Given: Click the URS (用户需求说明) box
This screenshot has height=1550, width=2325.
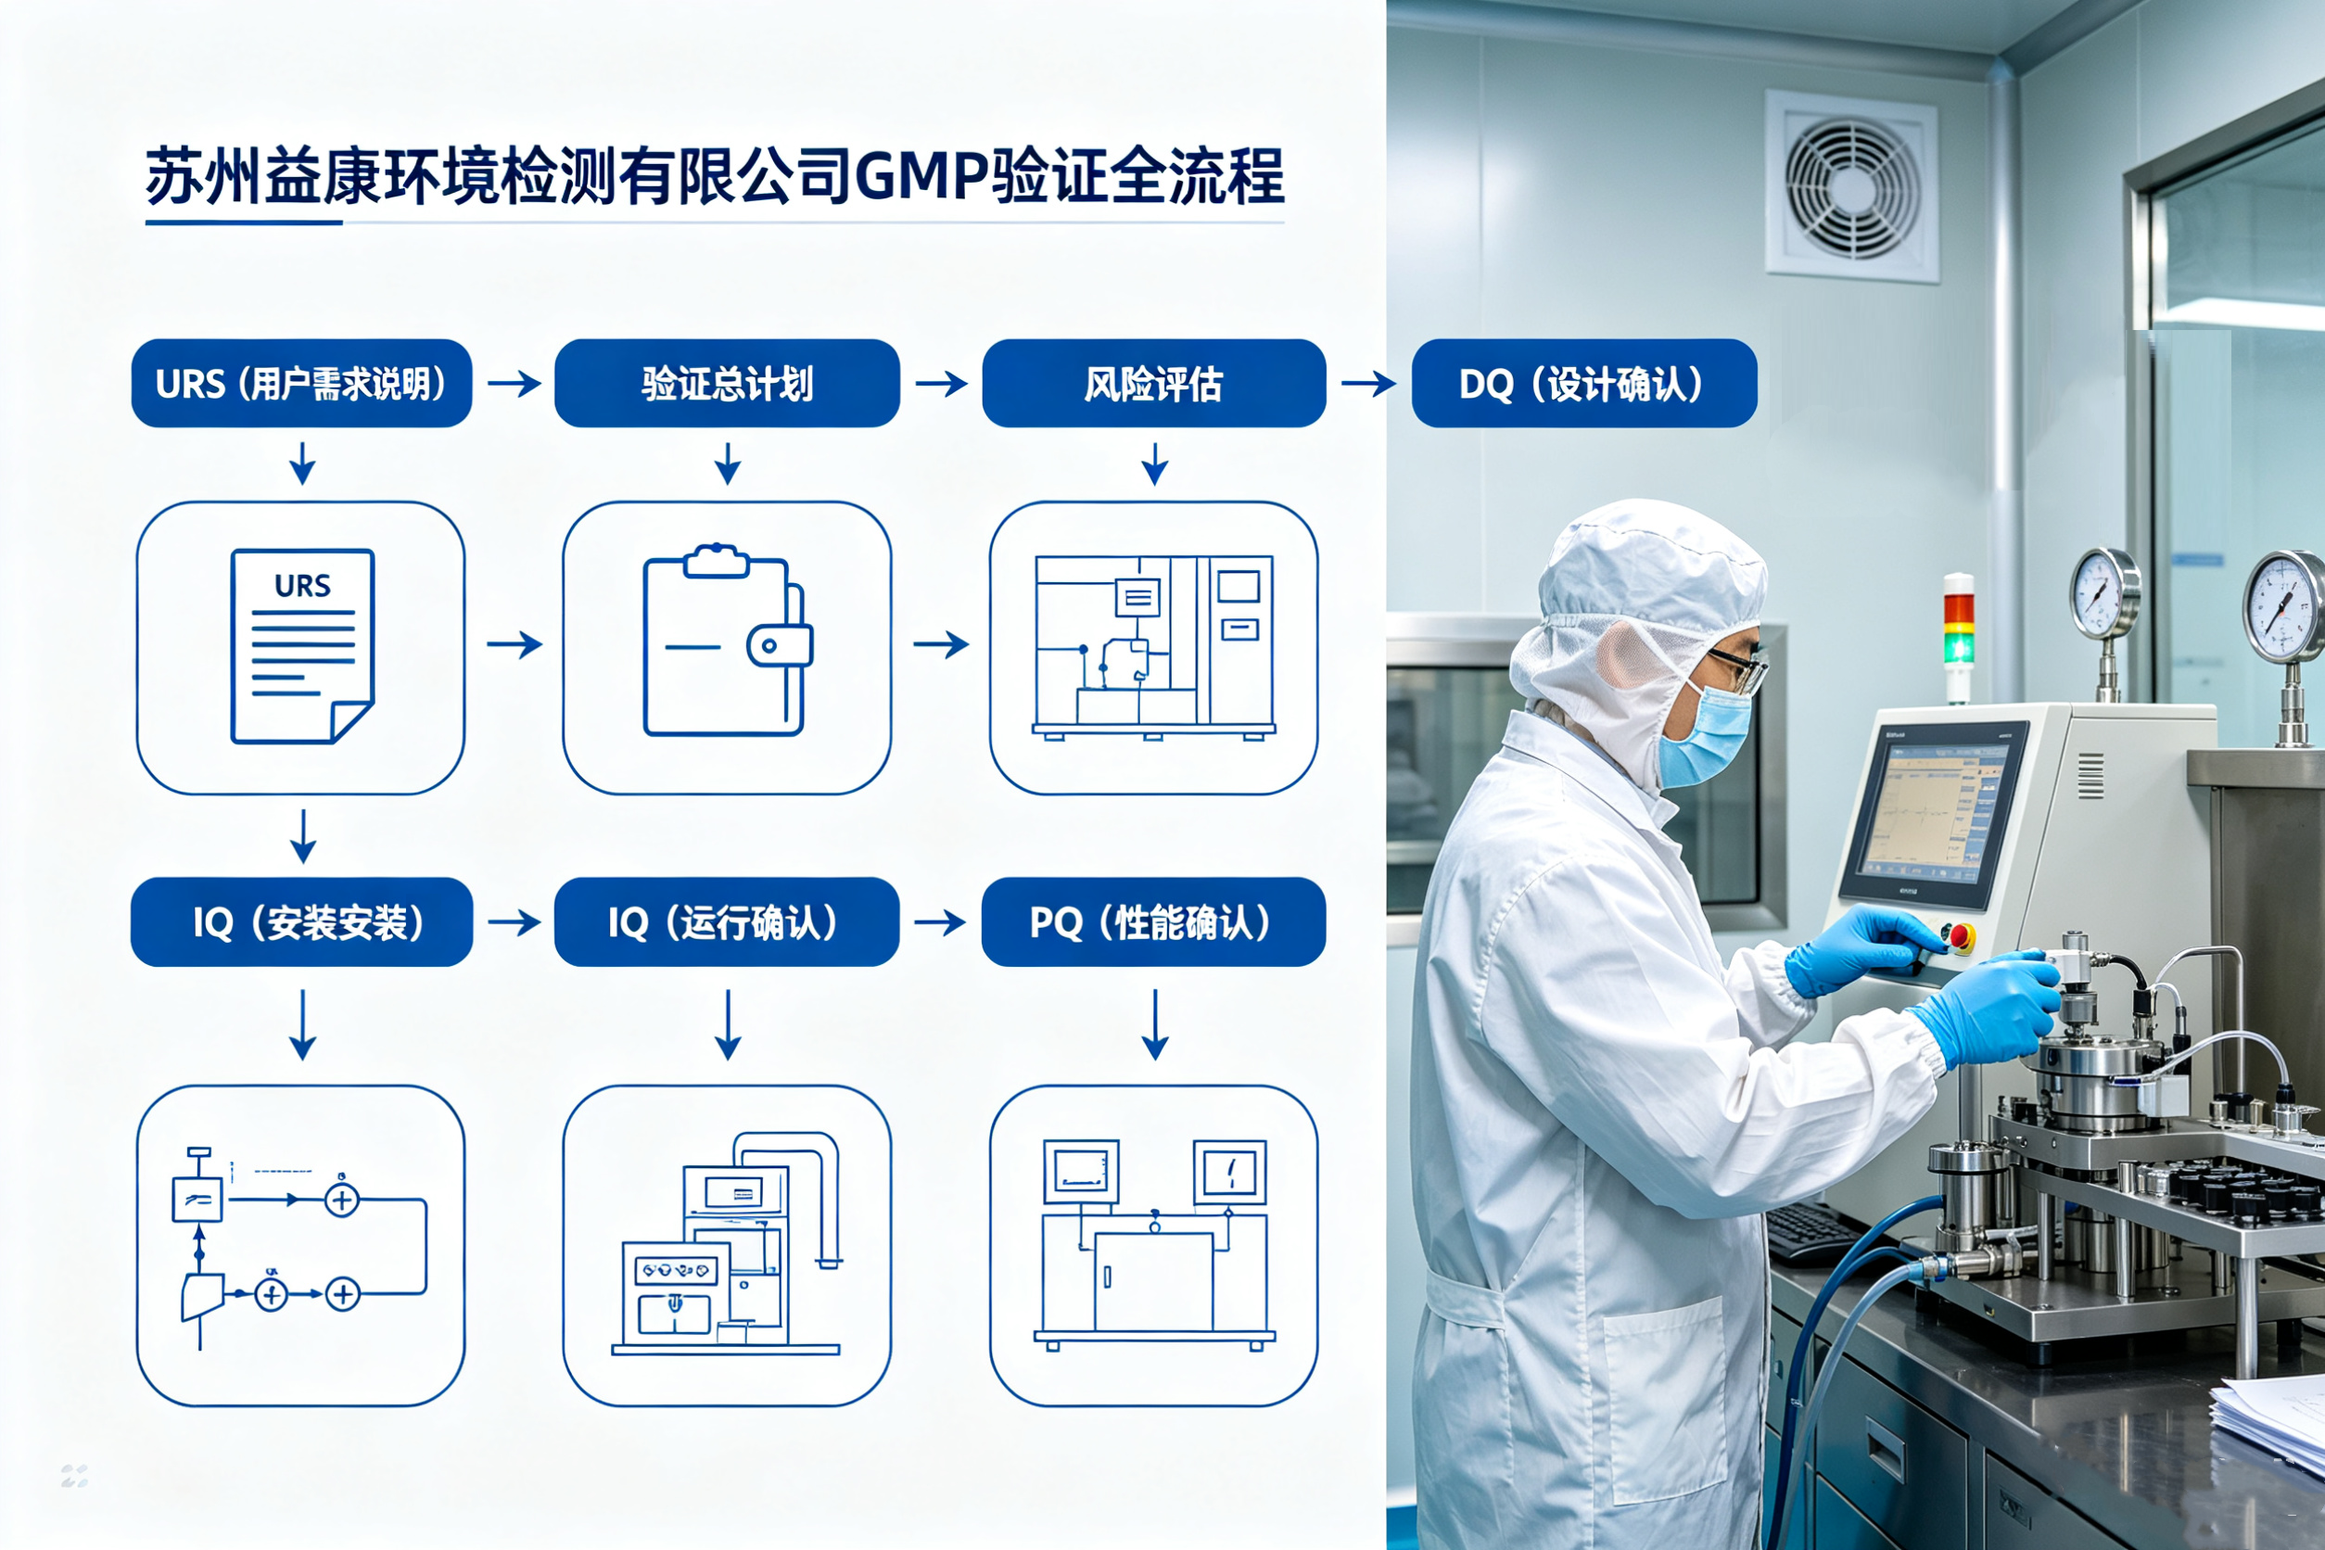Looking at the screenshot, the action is (301, 384).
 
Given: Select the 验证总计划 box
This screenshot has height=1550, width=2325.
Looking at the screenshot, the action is (727, 384).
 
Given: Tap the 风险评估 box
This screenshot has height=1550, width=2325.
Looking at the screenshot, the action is (1153, 384).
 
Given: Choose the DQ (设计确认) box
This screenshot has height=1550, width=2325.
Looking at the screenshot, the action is (1583, 384).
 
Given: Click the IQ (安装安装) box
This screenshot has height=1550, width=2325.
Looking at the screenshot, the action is (301, 921).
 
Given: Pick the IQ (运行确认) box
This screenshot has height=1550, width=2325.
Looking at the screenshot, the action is (727, 921).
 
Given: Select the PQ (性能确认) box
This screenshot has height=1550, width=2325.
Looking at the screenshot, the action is (1153, 921).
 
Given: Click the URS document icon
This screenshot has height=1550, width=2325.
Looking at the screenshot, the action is (302, 645).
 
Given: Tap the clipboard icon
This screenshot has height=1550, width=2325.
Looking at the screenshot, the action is (728, 641).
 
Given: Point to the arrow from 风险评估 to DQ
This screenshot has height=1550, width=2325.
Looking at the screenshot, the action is (1368, 384).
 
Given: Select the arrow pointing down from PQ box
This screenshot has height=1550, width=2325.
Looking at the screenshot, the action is (1154, 1025).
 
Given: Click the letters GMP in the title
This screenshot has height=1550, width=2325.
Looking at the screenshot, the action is (921, 177).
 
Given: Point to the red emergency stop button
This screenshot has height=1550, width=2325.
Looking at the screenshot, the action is (1959, 935).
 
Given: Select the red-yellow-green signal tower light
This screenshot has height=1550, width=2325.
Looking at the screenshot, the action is (1958, 636).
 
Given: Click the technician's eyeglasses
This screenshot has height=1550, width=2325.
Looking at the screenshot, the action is (1740, 670).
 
